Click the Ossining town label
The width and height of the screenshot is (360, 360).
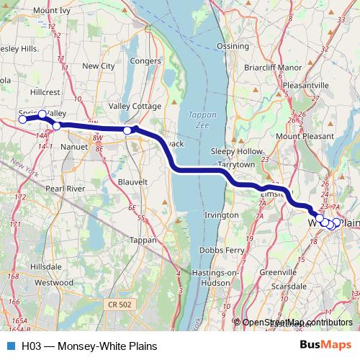point(233,45)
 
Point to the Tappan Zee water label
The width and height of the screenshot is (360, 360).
point(197,119)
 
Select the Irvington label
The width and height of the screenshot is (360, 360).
point(221,215)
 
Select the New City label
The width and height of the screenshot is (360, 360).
point(99,66)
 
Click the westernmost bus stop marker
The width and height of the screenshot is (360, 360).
point(22,120)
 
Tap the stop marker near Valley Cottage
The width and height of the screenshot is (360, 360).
point(127,130)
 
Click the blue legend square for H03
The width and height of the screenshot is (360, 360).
point(10,346)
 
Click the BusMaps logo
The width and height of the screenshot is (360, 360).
point(325,345)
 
